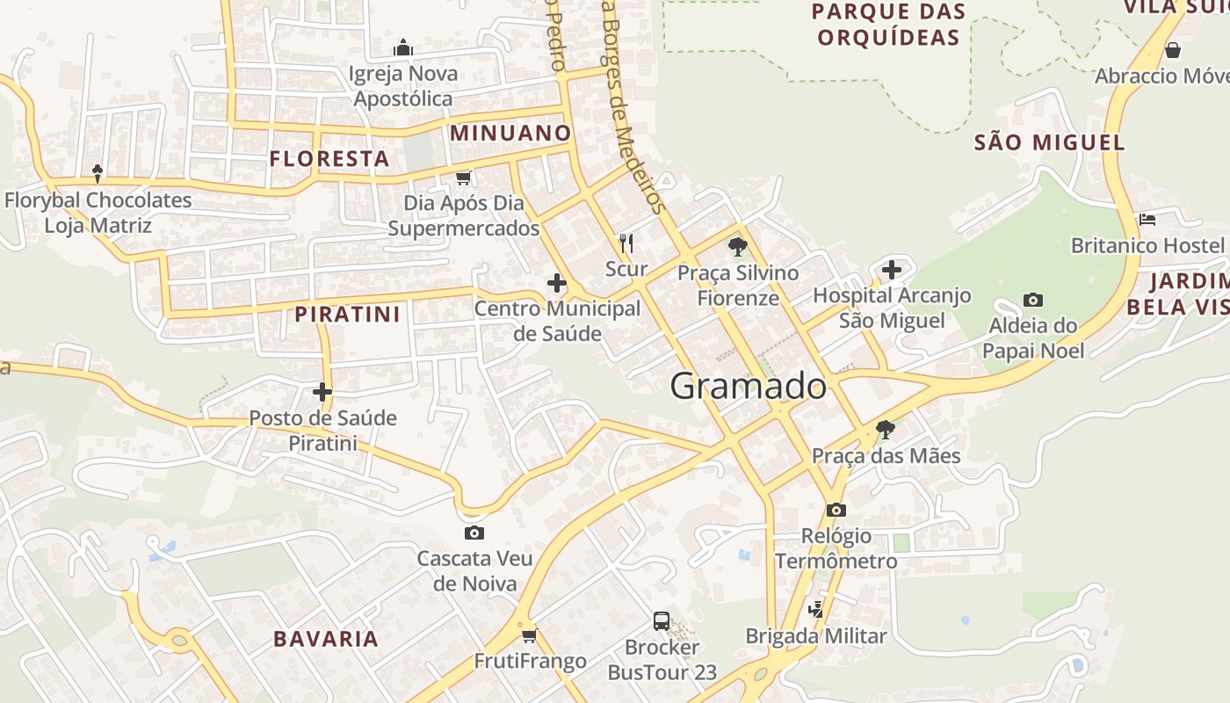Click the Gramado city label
click(x=749, y=386)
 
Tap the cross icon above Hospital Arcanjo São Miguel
click(x=892, y=269)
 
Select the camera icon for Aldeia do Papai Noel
click(x=1033, y=301)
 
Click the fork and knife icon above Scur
click(x=626, y=243)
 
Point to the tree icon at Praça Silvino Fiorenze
click(x=738, y=247)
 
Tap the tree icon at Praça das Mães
click(x=886, y=430)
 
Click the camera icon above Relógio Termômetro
click(x=836, y=510)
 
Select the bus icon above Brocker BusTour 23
click(x=662, y=621)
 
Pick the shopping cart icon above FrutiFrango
click(x=529, y=634)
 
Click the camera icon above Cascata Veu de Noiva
click(x=474, y=533)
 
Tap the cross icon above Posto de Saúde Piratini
click(x=322, y=391)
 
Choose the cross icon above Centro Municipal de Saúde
click(x=556, y=283)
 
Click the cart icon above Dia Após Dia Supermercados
click(x=463, y=178)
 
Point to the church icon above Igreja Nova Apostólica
click(x=403, y=47)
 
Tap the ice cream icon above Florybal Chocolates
click(x=98, y=173)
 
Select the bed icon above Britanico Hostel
click(x=1147, y=219)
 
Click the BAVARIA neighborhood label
click(x=326, y=639)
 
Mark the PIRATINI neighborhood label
click(x=347, y=314)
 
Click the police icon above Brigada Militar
click(x=816, y=609)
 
